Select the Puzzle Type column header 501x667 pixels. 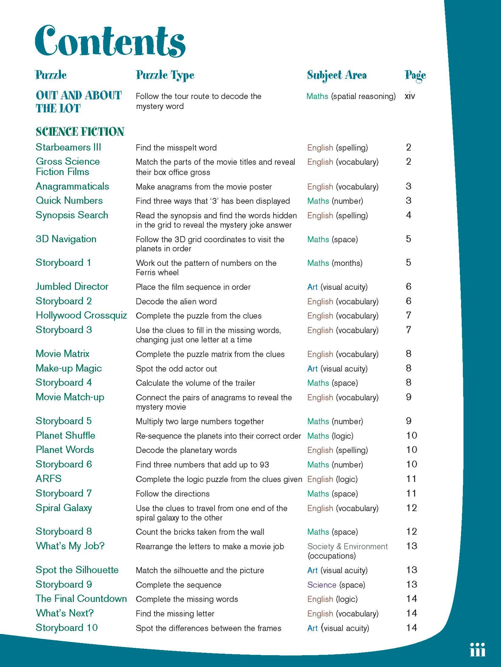click(x=165, y=75)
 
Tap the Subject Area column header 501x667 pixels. click(x=337, y=75)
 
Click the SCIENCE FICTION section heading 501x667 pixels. click(x=80, y=132)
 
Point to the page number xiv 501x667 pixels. click(x=409, y=96)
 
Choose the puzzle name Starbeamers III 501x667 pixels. click(x=68, y=147)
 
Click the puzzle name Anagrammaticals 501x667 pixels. click(x=72, y=186)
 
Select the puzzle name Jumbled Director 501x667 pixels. click(x=72, y=286)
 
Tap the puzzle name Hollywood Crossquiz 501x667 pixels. click(x=81, y=315)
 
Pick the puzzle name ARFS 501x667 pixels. click(x=49, y=479)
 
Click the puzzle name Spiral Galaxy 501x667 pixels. click(x=64, y=508)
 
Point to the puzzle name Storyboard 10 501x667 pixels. click(x=67, y=627)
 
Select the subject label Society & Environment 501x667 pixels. click(x=347, y=547)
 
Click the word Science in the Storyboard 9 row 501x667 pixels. click(x=321, y=585)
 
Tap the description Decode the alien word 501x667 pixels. click(x=176, y=301)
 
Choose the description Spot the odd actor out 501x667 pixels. click(x=176, y=369)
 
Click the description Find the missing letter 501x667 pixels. click(x=175, y=614)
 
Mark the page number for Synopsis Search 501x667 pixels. click(x=409, y=215)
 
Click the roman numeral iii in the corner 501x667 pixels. click(x=477, y=650)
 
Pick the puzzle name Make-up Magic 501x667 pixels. click(x=69, y=368)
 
